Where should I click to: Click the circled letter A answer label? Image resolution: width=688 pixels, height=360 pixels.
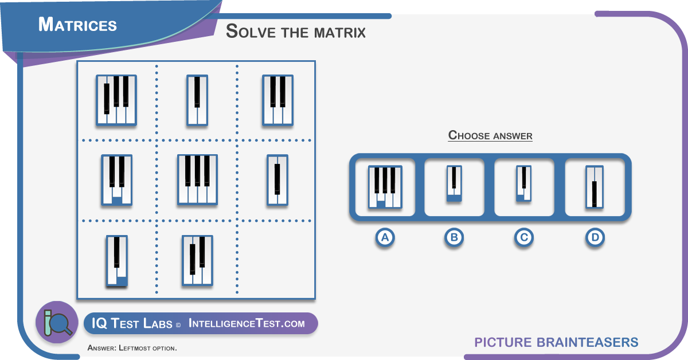click(x=385, y=237)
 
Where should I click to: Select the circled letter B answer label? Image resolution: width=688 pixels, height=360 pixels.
click(x=454, y=237)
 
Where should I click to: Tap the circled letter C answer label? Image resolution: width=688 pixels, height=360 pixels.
click(x=523, y=237)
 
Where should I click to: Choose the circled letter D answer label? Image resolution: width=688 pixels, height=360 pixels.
click(x=595, y=237)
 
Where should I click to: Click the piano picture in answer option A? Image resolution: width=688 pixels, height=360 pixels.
click(x=385, y=187)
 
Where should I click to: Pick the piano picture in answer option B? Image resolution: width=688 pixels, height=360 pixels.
click(x=454, y=183)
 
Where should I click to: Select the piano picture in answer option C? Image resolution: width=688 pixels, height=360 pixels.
click(x=523, y=183)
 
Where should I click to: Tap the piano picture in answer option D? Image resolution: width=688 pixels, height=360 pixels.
click(x=595, y=187)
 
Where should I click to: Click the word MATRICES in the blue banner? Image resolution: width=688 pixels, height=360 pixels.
click(x=77, y=25)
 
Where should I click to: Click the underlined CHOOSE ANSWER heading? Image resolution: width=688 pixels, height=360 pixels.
click(x=490, y=135)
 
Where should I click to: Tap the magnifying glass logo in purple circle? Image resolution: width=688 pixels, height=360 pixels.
click(x=57, y=322)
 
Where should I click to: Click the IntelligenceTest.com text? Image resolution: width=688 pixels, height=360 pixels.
click(x=247, y=323)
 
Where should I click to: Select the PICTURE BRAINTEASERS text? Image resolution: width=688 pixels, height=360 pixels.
click(x=556, y=342)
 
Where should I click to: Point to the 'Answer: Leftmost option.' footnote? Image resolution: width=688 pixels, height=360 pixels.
click(x=132, y=348)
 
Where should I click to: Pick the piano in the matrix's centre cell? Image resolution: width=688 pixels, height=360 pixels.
click(x=197, y=179)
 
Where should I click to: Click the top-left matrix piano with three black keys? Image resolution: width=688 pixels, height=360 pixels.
click(x=116, y=100)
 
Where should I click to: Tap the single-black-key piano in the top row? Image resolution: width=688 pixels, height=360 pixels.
click(x=197, y=100)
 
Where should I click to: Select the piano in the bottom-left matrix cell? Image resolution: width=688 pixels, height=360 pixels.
click(x=117, y=261)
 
